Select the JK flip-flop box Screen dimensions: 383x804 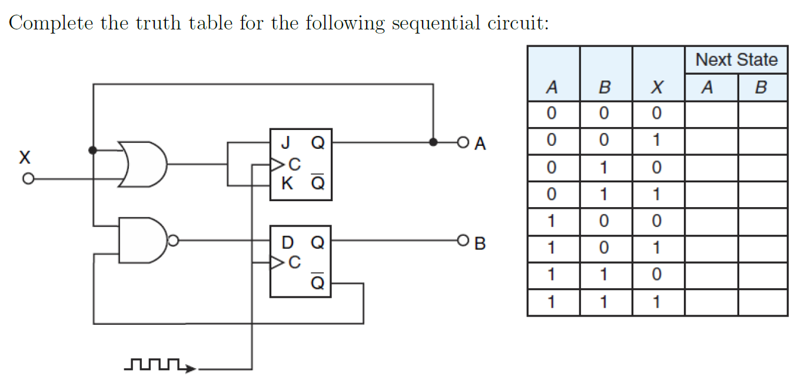click(x=301, y=165)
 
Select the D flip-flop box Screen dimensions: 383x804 click(x=301, y=261)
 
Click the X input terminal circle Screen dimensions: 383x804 click(x=27, y=178)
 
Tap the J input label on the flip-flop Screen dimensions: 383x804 click(x=285, y=143)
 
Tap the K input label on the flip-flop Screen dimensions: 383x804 click(x=287, y=184)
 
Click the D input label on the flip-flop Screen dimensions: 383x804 click(x=287, y=242)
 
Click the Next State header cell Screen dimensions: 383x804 click(x=736, y=59)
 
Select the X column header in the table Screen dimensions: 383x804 click(x=658, y=88)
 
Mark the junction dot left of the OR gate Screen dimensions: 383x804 click(x=93, y=150)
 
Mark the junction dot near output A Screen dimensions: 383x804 click(x=433, y=142)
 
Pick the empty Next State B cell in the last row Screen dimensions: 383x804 click(x=763, y=302)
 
